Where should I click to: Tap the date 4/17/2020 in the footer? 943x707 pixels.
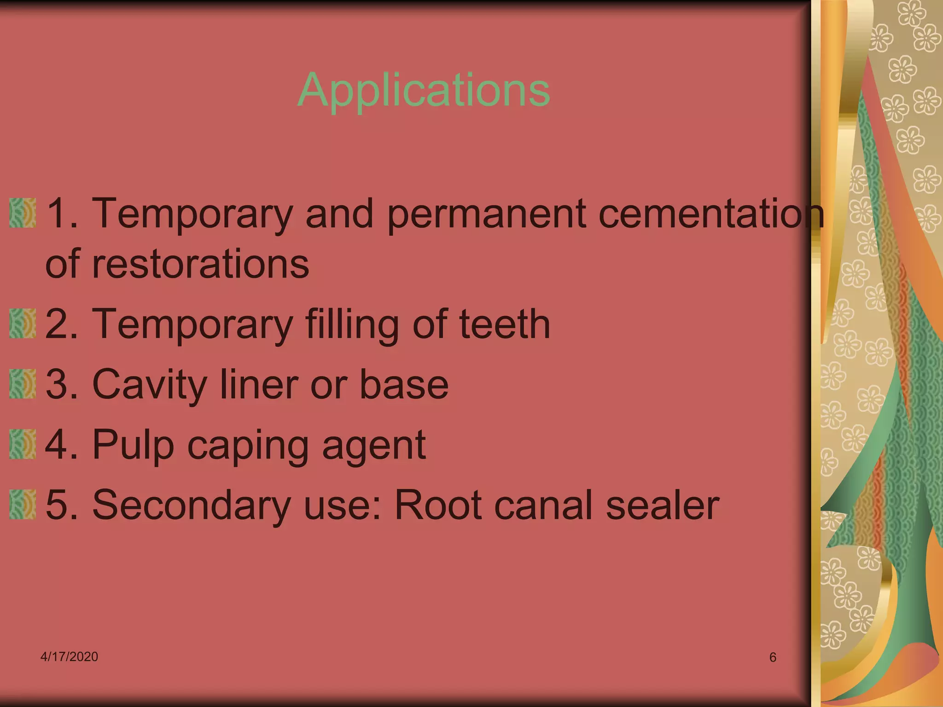coord(69,656)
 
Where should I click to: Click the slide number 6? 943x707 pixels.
coord(773,657)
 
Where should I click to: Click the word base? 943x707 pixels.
coord(403,385)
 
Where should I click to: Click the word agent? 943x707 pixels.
coord(374,446)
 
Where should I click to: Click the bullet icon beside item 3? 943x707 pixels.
coord(23,384)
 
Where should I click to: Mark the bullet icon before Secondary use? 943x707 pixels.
coord(23,505)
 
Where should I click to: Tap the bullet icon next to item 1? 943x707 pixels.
coord(23,213)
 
